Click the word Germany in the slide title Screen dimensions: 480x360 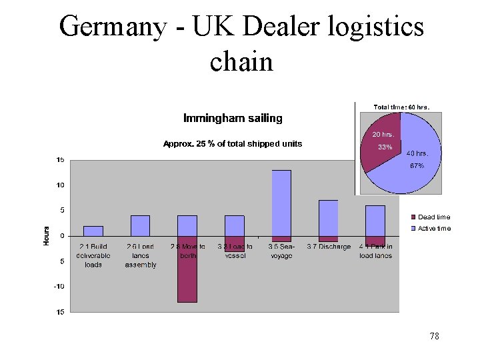tap(113, 27)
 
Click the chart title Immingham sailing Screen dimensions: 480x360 tap(233, 118)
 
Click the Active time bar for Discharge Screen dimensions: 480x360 tap(328, 217)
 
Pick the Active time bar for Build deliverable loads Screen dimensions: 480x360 tap(93, 231)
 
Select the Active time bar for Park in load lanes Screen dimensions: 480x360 tap(375, 220)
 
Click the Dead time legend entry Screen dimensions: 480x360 tap(433, 217)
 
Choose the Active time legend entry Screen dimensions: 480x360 tap(433, 229)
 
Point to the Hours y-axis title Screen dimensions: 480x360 tap(47, 235)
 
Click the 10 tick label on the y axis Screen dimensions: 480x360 tap(60, 185)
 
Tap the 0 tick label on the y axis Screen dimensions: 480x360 tap(62, 235)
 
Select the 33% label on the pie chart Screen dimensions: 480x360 tap(385, 147)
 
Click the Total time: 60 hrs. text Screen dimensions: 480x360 tap(401, 106)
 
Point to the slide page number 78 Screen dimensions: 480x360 tap(434, 337)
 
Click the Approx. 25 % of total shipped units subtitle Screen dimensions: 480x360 tap(233, 143)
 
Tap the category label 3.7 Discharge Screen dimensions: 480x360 tap(329, 247)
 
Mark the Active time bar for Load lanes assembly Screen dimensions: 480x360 tap(141, 225)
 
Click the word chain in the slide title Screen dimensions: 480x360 tap(241, 61)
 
